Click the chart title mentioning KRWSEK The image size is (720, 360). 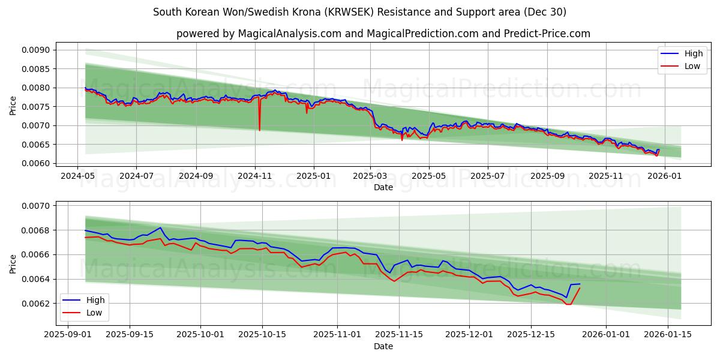pyautogui.click(x=359, y=12)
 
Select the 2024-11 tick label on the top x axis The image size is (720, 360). pyautogui.click(x=255, y=176)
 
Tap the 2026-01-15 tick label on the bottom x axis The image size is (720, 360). pyautogui.click(x=664, y=335)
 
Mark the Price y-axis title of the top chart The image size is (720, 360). pyautogui.click(x=13, y=106)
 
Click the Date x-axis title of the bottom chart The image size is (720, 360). pyautogui.click(x=383, y=346)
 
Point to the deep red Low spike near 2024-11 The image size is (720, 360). pyautogui.click(x=259, y=130)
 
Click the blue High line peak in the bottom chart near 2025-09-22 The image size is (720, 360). pyautogui.click(x=160, y=227)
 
